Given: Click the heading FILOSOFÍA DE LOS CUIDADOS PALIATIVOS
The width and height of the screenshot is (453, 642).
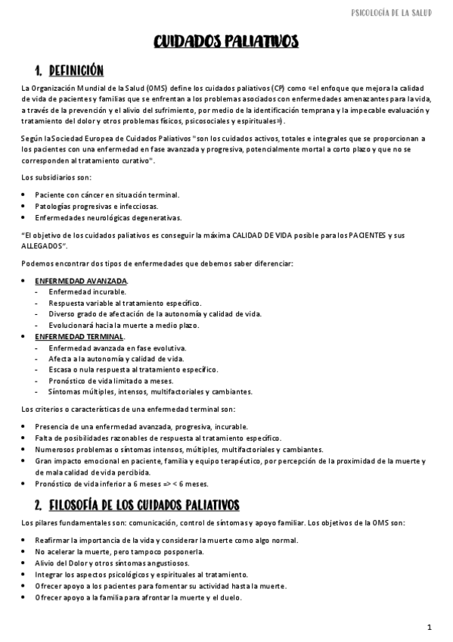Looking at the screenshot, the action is (144, 504).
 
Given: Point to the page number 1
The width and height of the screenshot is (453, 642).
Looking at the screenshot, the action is (429, 628).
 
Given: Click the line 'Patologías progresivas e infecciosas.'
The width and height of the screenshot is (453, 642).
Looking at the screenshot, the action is (96, 206).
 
